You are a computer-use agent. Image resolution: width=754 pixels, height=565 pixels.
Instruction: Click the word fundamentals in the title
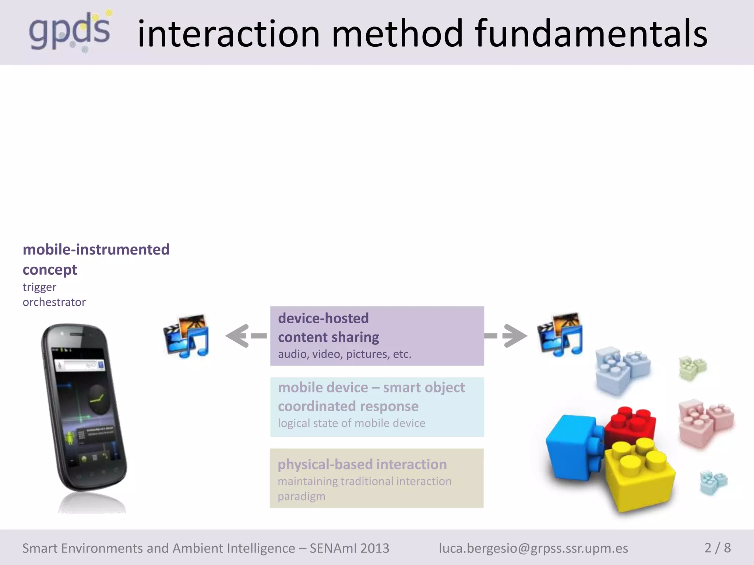point(591,34)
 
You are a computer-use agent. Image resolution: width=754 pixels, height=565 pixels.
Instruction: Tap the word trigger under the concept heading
point(39,287)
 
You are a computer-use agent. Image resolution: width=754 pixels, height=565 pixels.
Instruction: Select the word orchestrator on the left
point(54,302)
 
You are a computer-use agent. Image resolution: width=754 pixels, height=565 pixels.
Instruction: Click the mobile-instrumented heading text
point(96,249)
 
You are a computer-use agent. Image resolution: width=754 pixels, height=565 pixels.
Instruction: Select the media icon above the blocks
point(560,334)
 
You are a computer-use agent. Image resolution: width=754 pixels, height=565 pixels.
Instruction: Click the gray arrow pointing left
point(245,335)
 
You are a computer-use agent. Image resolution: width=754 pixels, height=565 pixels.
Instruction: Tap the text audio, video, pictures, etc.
point(344,354)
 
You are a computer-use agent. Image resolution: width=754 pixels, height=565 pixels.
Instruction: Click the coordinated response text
point(348,406)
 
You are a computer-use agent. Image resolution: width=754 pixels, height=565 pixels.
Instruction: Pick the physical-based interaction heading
point(362,464)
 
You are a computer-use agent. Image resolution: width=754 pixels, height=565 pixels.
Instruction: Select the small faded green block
point(693,367)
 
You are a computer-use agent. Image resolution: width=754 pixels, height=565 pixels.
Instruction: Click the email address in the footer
point(533,548)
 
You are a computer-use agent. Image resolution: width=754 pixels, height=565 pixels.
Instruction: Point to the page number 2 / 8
point(717,548)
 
